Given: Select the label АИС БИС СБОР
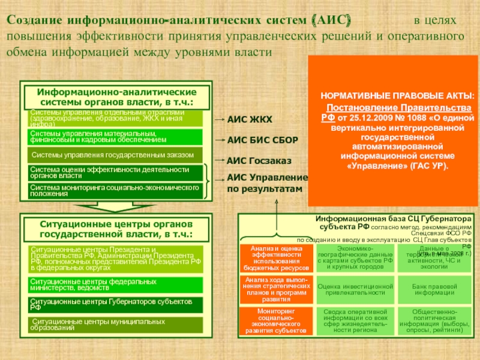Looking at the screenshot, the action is click(262, 140).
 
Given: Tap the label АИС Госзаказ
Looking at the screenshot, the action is click(259, 161).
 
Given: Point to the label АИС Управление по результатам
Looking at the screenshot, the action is click(267, 183).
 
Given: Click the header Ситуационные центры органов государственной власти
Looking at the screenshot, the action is click(117, 229).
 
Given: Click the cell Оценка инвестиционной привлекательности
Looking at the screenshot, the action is click(355, 290).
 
